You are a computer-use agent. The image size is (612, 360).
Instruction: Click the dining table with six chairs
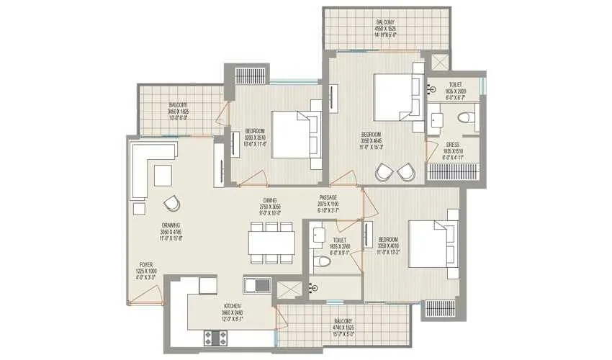pos(271,242)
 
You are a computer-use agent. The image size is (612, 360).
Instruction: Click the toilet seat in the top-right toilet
pos(463,118)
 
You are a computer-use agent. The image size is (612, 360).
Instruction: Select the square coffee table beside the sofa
pos(163,174)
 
